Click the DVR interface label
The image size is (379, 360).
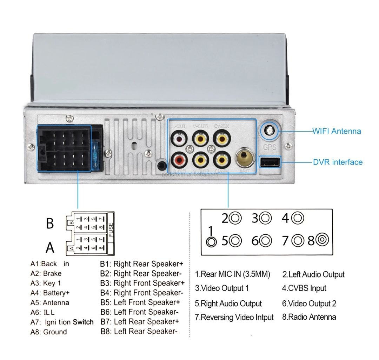pos(337,162)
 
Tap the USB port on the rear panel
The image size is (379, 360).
pos(270,162)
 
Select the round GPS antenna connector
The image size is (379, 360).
pos(270,132)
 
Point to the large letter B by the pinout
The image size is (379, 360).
pos(50,224)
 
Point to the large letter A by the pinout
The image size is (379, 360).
pos(50,248)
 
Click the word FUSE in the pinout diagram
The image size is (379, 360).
pos(111,231)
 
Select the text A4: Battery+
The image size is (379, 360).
pos(50,293)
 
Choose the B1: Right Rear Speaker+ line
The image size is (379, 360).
pos(142,264)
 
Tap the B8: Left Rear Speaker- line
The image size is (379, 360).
pos(138,331)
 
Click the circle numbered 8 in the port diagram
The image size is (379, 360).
pos(322,240)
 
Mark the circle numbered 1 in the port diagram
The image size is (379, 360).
pos(211,242)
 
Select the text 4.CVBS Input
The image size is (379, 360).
pos(304,288)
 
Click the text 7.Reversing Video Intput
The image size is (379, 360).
pos(234,318)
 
